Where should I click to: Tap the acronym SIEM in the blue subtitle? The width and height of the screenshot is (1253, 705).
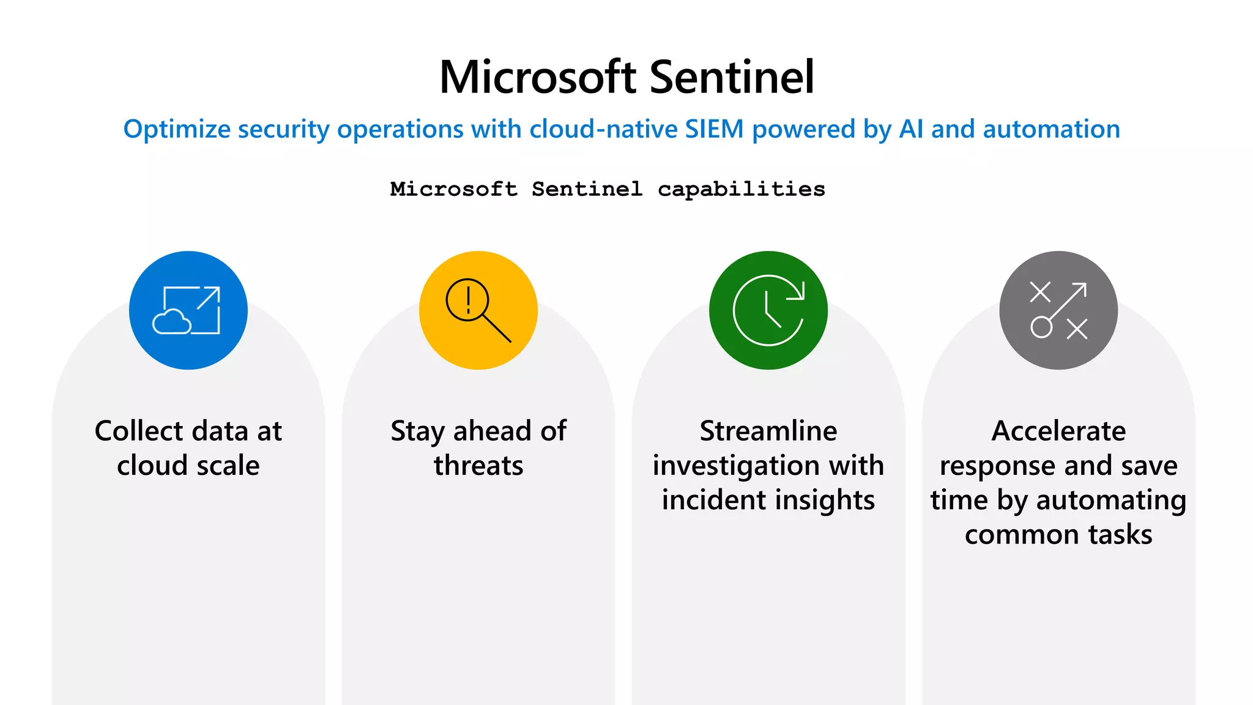pos(714,130)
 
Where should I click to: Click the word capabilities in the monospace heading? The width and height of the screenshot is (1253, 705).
pos(741,189)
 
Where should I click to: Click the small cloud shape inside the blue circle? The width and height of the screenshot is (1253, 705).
pos(171,322)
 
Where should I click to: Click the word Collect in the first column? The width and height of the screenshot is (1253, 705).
pos(139,431)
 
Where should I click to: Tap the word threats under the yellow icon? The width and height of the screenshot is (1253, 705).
pos(478,466)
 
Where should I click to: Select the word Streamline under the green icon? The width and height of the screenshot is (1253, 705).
pos(768,431)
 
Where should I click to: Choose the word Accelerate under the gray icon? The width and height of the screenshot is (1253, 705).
pos(1058,431)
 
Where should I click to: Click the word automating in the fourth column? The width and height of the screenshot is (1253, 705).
pos(1111,500)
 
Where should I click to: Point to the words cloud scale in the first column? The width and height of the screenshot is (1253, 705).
pos(188,466)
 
